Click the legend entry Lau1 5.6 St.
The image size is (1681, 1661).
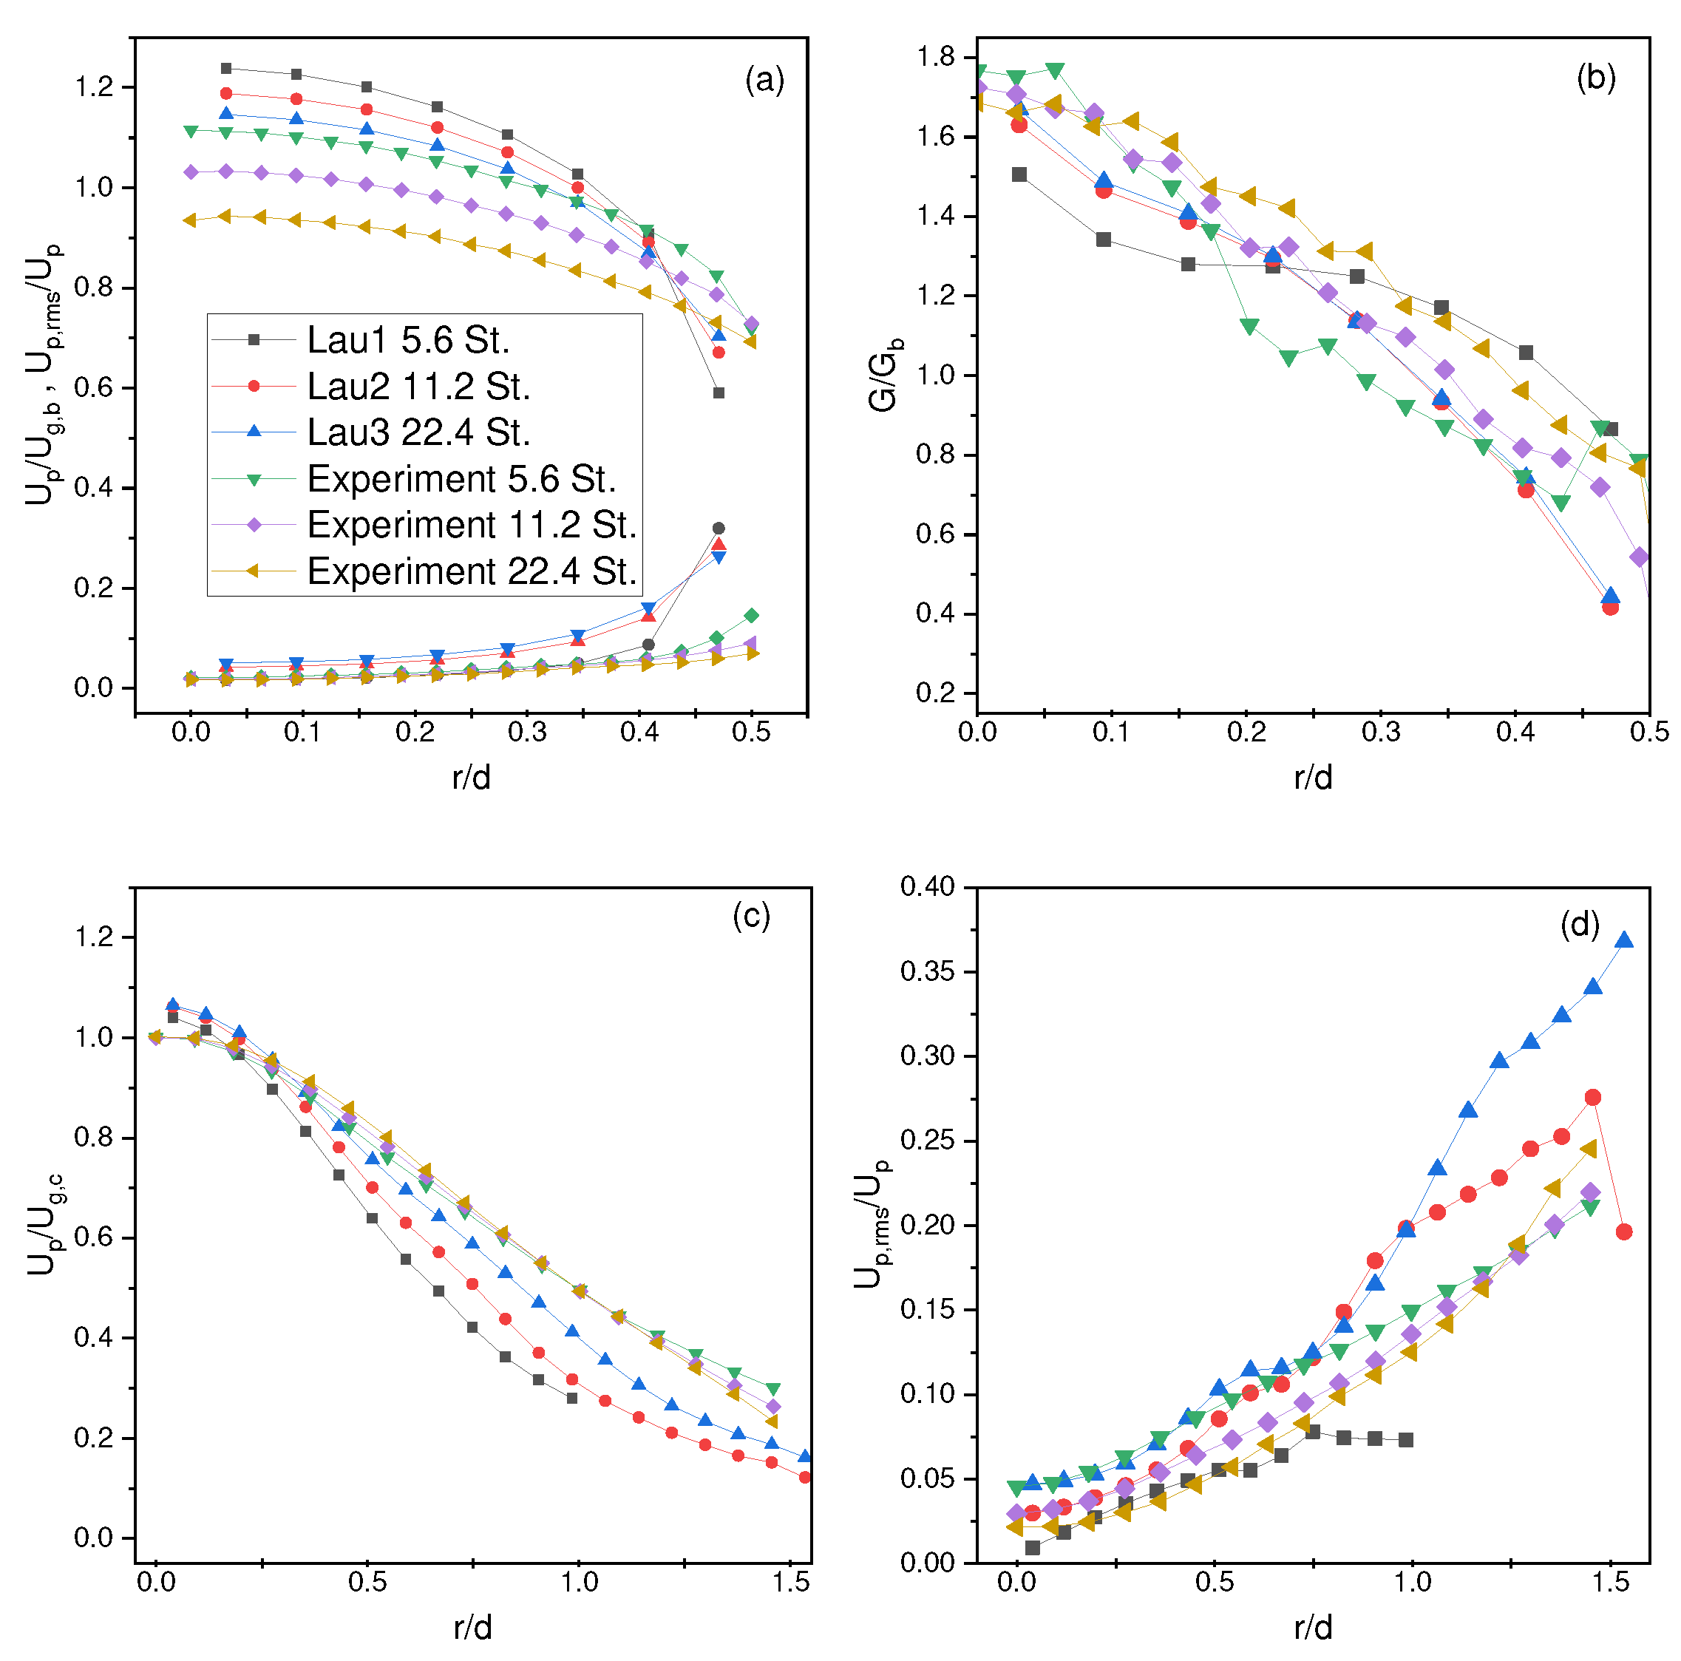pyautogui.click(x=408, y=340)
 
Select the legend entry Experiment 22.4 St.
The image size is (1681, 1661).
pyautogui.click(x=472, y=571)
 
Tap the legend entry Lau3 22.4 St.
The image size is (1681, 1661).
pyautogui.click(x=418, y=432)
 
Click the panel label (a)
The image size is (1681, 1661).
pyautogui.click(x=764, y=80)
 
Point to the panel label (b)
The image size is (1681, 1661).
pyautogui.click(x=1596, y=78)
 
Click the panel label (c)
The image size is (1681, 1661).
pyautogui.click(x=751, y=915)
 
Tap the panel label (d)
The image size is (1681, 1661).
pyautogui.click(x=1580, y=924)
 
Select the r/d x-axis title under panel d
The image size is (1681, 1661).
pyautogui.click(x=1312, y=1627)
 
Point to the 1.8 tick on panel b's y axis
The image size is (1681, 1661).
pyautogui.click(x=935, y=58)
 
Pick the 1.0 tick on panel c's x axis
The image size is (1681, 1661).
pyautogui.click(x=579, y=1581)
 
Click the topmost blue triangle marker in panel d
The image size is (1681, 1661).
pyautogui.click(x=1623, y=940)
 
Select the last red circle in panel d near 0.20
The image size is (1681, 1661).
pyautogui.click(x=1623, y=1232)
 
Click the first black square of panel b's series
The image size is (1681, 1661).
pyautogui.click(x=1019, y=175)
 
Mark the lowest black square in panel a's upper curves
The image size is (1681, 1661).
pyautogui.click(x=719, y=393)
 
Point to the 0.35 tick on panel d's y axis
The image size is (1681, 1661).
pyautogui.click(x=928, y=971)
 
